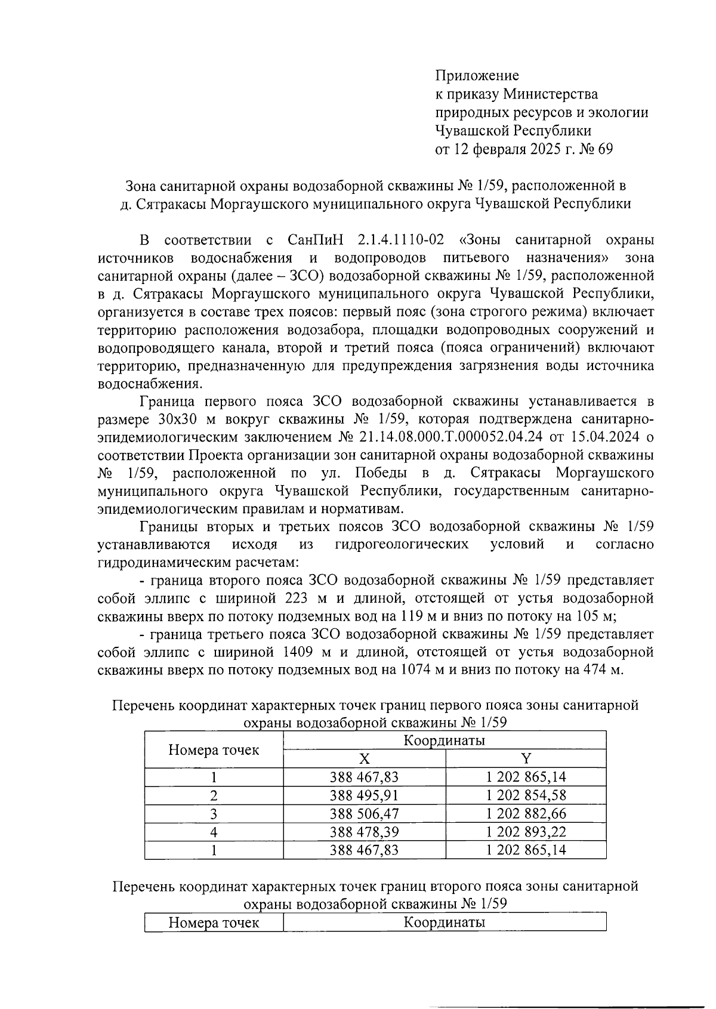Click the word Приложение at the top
pos(477,76)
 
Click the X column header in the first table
pos(364,758)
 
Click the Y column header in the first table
pos(526,758)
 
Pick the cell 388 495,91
pos(364,795)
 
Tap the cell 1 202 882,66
pos(526,814)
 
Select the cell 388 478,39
pos(364,832)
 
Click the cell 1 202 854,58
pos(526,795)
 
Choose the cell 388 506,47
pos(364,814)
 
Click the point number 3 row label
pos(214,814)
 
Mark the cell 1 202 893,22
pos(526,832)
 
